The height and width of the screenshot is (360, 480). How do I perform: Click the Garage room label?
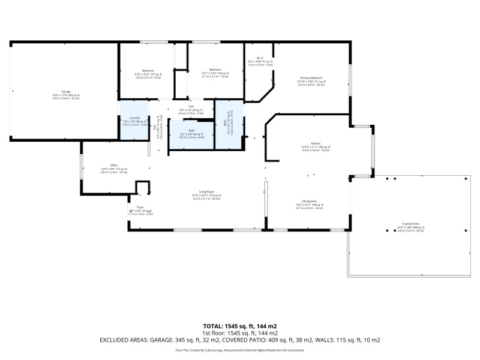[x=66, y=91]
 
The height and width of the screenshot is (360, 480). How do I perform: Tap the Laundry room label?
[x=135, y=118]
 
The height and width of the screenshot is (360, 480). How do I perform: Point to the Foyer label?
[x=131, y=207]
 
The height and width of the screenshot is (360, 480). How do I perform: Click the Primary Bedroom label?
[x=311, y=78]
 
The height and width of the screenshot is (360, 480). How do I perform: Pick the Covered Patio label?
[x=411, y=224]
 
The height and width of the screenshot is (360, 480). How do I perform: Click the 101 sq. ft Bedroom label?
[x=148, y=70]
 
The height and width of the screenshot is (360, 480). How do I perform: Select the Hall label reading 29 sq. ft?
[x=190, y=106]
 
